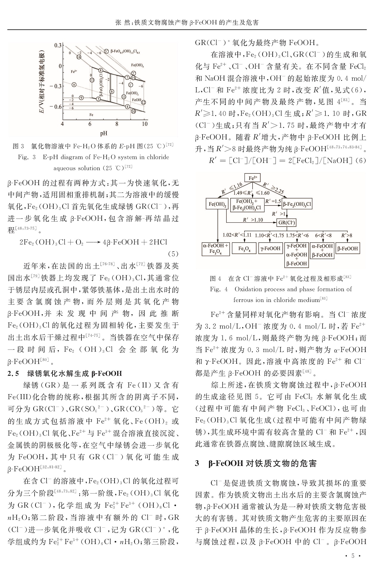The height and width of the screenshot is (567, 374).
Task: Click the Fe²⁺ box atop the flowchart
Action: pyautogui.click(x=253, y=178)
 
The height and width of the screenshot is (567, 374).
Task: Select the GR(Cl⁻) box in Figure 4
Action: pyautogui.click(x=287, y=222)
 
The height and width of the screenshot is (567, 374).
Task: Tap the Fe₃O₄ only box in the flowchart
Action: pyautogui.click(x=244, y=249)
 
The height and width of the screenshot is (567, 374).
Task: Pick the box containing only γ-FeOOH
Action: pyautogui.click(x=271, y=248)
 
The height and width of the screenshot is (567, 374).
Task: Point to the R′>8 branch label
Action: pyautogui.click(x=347, y=235)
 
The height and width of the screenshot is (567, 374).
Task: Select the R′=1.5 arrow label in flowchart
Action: pyautogui.click(x=273, y=201)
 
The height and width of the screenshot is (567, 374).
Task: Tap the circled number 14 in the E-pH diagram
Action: pyautogui.click(x=79, y=57)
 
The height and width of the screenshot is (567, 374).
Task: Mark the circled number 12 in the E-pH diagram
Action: pyautogui.click(x=143, y=102)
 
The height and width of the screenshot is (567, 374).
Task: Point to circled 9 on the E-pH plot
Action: pyautogui.click(x=81, y=97)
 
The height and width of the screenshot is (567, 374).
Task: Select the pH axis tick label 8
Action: pyautogui.click(x=117, y=124)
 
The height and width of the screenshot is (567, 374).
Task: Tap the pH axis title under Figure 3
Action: pyautogui.click(x=103, y=133)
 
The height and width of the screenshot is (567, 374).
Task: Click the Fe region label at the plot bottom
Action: pyautogui.click(x=91, y=114)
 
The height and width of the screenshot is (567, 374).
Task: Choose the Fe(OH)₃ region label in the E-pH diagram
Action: pyautogui.click(x=137, y=65)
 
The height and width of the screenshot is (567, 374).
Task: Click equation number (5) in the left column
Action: pyautogui.click(x=173, y=254)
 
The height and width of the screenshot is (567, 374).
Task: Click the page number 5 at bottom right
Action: pyautogui.click(x=353, y=556)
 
